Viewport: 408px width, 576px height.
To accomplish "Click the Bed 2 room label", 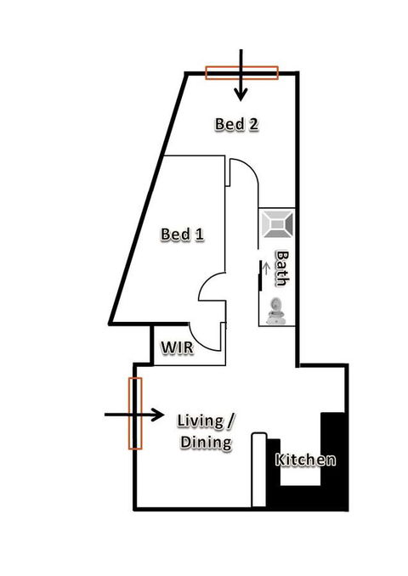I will click(236, 125).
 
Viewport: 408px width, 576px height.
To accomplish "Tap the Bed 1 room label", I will click(183, 234).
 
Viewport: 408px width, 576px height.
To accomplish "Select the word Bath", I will click(280, 268).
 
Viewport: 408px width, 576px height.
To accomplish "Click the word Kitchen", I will click(305, 460).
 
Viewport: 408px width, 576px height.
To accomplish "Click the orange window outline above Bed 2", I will click(242, 73).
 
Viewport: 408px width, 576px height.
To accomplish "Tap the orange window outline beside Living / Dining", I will click(134, 414).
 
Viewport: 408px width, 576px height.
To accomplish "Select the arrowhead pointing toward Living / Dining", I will click(158, 415).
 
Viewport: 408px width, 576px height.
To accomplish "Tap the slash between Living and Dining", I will click(230, 421).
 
